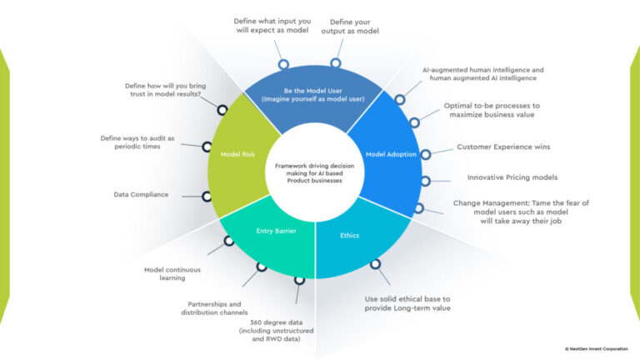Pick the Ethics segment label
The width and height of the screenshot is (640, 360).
click(x=349, y=235)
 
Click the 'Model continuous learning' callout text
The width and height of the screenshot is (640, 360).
click(x=167, y=274)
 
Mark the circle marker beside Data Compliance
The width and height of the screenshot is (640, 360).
click(x=206, y=197)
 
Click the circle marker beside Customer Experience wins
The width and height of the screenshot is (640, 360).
click(x=425, y=153)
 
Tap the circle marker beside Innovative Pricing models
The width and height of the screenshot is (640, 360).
click(x=425, y=181)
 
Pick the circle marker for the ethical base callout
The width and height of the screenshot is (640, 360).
click(x=375, y=263)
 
